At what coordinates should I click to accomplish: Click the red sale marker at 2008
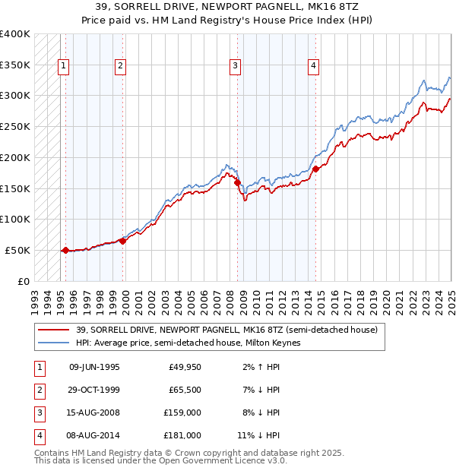pyautogui.click(x=238, y=182)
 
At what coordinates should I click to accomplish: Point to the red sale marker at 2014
pyautogui.click(x=315, y=169)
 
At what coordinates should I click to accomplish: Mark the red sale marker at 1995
pyautogui.click(x=65, y=250)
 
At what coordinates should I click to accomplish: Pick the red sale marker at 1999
pyautogui.click(x=122, y=241)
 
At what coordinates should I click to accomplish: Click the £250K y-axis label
pyautogui.click(x=15, y=126)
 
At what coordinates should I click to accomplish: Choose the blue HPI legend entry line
pyautogui.click(x=55, y=343)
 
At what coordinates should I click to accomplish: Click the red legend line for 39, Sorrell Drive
pyautogui.click(x=55, y=330)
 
